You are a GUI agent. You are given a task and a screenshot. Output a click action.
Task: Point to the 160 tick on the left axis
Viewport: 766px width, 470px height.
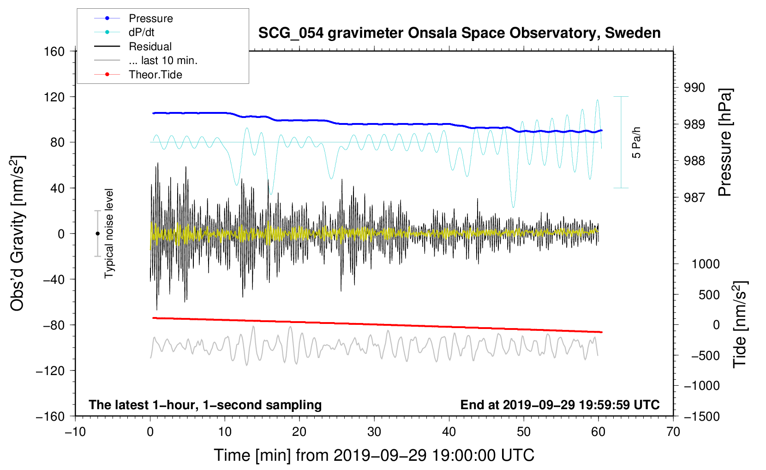pyautogui.click(x=54, y=51)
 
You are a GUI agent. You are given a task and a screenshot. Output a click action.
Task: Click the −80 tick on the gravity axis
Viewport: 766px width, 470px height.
pyautogui.click(x=54, y=325)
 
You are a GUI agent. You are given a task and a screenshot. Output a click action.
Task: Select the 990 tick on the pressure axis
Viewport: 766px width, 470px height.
pyautogui.click(x=694, y=88)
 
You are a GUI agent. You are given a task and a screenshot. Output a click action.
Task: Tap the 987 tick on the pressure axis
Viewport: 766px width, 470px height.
pyautogui.click(x=694, y=197)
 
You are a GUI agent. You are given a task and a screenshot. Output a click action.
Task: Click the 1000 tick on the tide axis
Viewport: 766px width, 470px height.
pyautogui.click(x=706, y=264)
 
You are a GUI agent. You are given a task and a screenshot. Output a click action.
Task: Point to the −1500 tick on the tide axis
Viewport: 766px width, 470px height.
pyautogui.click(x=702, y=416)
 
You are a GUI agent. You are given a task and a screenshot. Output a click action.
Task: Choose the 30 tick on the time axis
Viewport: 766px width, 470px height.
pyautogui.click(x=374, y=432)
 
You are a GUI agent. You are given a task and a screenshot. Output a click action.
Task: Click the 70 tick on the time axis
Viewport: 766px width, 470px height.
pyautogui.click(x=673, y=432)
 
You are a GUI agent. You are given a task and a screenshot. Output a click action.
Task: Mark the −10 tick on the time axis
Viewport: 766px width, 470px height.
pyautogui.click(x=75, y=432)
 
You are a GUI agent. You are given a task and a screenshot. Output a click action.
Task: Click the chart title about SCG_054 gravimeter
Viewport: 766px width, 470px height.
pyautogui.click(x=459, y=33)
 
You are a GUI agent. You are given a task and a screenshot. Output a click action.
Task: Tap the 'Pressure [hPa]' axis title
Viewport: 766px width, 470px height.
pyautogui.click(x=725, y=143)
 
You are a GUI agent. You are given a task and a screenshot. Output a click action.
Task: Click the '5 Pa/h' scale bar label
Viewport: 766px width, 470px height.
pyautogui.click(x=637, y=142)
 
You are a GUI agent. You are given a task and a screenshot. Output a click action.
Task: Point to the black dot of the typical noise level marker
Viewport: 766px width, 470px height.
pyautogui.click(x=97, y=234)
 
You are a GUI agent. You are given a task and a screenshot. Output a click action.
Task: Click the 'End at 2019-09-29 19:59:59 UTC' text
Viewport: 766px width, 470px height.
pyautogui.click(x=560, y=405)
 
